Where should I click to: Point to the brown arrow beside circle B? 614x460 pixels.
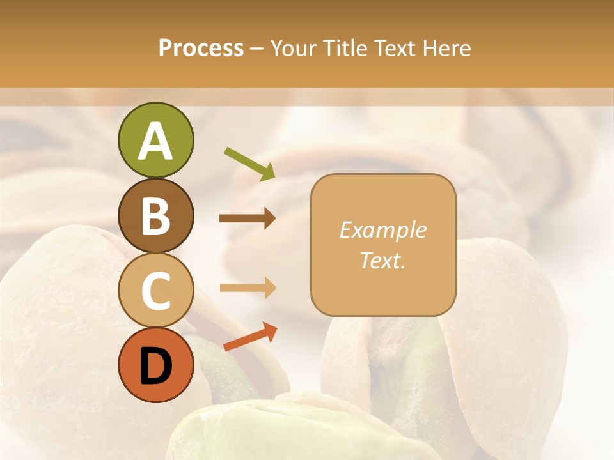pos(248,218)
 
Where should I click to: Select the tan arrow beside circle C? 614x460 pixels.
pos(248,287)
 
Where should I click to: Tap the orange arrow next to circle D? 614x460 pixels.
pos(250,337)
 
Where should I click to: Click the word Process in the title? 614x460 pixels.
pos(201,49)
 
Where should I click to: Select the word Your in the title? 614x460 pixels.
pos(294,49)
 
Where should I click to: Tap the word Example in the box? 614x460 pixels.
pos(382,230)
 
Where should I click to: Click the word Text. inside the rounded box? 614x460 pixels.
pos(382,260)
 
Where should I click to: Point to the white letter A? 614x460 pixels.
pos(155,141)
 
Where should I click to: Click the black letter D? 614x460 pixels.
pos(155,366)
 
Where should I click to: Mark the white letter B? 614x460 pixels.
pos(155,216)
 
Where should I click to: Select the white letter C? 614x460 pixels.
pos(155,291)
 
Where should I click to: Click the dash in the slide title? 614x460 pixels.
pos(256,49)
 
